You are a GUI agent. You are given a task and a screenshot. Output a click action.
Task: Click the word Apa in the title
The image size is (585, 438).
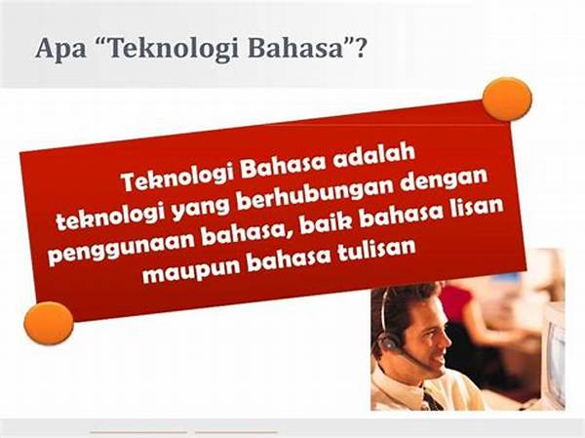pos(60,50)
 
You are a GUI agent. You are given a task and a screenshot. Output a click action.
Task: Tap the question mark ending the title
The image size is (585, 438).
pos(360,48)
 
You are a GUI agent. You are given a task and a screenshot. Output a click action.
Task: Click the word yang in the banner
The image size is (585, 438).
pos(201,209)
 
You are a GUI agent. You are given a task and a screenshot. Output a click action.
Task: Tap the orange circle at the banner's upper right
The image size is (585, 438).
pos(507,100)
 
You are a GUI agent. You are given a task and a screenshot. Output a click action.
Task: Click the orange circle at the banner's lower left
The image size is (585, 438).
pos(49,323)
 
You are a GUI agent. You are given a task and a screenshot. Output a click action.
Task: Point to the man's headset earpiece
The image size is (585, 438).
pos(388,340)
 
